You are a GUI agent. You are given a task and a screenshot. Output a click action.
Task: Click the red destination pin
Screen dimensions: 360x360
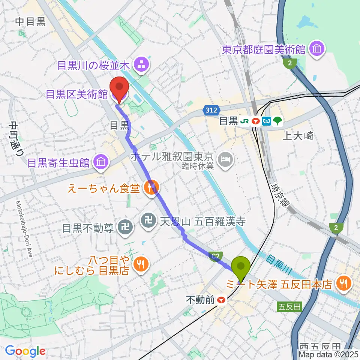119,88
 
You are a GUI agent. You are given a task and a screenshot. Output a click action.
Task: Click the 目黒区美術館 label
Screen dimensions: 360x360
76,94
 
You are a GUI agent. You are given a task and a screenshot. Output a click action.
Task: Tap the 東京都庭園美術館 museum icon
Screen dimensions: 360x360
318,49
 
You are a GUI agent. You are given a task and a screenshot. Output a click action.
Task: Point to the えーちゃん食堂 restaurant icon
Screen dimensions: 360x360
151,189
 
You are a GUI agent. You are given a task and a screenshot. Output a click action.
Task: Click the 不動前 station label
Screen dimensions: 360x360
201,300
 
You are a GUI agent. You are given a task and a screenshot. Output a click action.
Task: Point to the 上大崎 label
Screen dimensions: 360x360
297,136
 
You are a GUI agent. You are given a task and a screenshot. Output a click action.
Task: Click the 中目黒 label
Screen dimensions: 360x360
30,21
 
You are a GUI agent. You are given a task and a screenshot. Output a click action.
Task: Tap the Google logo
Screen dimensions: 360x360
25,351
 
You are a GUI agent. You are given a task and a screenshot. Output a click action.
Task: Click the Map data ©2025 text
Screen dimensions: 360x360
328,354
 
